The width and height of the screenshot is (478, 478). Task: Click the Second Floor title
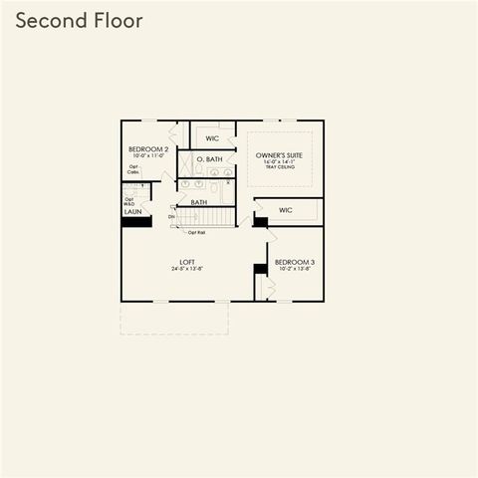79,21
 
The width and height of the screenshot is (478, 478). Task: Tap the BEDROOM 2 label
148,149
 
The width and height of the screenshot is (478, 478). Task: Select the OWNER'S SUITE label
279,156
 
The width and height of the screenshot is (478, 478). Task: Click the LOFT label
186,261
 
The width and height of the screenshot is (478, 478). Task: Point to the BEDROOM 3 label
294,261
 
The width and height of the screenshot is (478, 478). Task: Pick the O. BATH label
208,159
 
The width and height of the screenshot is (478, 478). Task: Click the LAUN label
132,212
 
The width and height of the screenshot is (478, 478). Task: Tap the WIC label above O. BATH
212,138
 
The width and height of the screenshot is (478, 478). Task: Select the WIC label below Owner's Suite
286,210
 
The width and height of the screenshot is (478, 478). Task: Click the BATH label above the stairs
199,202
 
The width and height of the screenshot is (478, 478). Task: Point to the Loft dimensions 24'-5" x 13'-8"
186,269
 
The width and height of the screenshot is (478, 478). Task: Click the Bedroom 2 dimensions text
148,156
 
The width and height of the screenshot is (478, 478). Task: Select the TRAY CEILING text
279,167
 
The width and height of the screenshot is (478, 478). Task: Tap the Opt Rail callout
196,233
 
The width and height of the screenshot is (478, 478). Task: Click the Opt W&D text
129,201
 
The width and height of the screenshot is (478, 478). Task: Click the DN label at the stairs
171,216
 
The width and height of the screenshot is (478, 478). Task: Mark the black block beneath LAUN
135,222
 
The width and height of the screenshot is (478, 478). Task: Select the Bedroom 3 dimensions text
294,269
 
